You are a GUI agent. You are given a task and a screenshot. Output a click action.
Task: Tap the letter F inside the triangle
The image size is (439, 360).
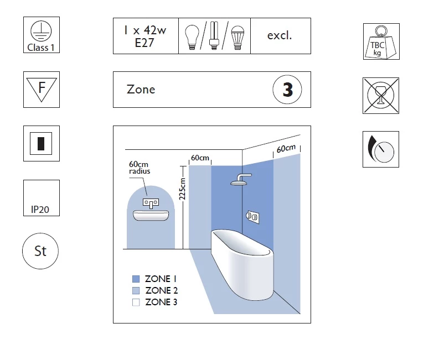tap(42, 87)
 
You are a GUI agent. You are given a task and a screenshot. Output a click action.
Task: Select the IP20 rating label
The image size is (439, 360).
tap(40, 210)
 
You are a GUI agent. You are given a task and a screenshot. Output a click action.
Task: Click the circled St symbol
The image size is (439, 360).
tap(40, 251)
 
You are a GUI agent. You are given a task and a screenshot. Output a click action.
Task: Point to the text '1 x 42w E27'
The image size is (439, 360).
tap(145, 36)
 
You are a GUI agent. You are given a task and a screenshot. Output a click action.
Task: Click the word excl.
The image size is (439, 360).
tap(280, 35)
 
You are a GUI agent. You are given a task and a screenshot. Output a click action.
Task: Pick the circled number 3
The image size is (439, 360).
tap(287, 90)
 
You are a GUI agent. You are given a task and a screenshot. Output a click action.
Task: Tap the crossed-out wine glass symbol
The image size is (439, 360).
tap(381, 96)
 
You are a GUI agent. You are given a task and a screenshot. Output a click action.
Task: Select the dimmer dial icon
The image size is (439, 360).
tap(381, 149)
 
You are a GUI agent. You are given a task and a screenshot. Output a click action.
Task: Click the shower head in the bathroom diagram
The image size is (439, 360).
tap(240, 179)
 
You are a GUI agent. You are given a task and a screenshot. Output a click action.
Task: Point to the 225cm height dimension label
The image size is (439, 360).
tap(182, 189)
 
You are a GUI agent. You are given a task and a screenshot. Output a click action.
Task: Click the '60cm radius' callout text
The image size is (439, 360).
tap(140, 168)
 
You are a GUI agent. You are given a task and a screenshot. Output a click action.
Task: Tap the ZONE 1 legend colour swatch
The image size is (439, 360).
tap(136, 279)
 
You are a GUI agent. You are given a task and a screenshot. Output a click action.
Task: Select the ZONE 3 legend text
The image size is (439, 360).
tap(161, 302)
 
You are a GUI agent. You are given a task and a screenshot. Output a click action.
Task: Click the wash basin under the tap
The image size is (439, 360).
tap(151, 215)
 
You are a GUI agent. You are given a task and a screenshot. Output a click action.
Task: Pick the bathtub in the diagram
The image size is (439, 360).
tap(242, 264)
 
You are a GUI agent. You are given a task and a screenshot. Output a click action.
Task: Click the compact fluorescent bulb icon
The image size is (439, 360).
tap(214, 35)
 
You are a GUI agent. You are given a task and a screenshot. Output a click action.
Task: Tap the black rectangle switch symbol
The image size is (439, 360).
tap(41, 143)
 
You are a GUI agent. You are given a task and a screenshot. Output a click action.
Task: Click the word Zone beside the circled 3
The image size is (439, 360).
tap(141, 90)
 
